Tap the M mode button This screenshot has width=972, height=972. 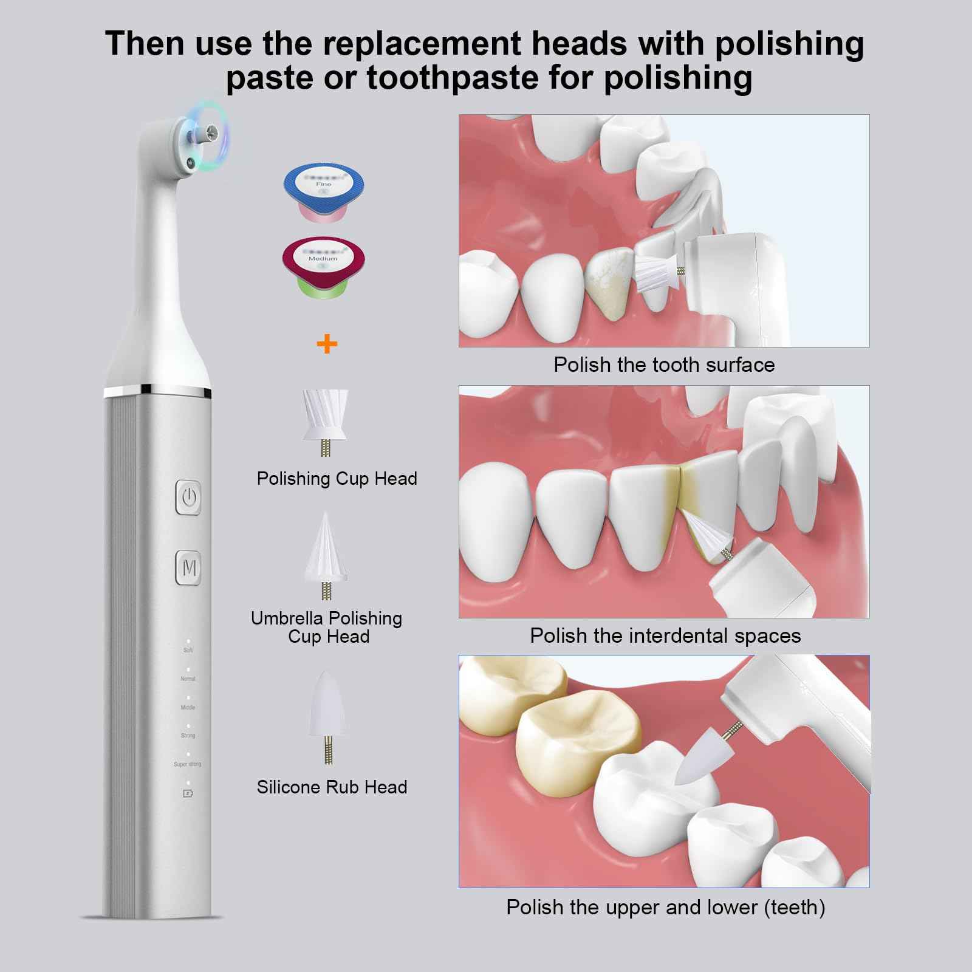[189, 568]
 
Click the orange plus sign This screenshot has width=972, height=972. [327, 344]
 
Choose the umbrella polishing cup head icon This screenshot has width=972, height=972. [326, 554]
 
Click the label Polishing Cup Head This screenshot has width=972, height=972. [337, 479]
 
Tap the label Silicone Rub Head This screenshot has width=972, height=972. [332, 787]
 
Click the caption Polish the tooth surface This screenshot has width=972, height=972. [664, 364]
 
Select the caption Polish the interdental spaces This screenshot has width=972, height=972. [665, 635]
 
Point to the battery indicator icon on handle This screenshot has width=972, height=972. [188, 793]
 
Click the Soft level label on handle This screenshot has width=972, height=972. [188, 650]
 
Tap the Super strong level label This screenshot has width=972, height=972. [188, 764]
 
